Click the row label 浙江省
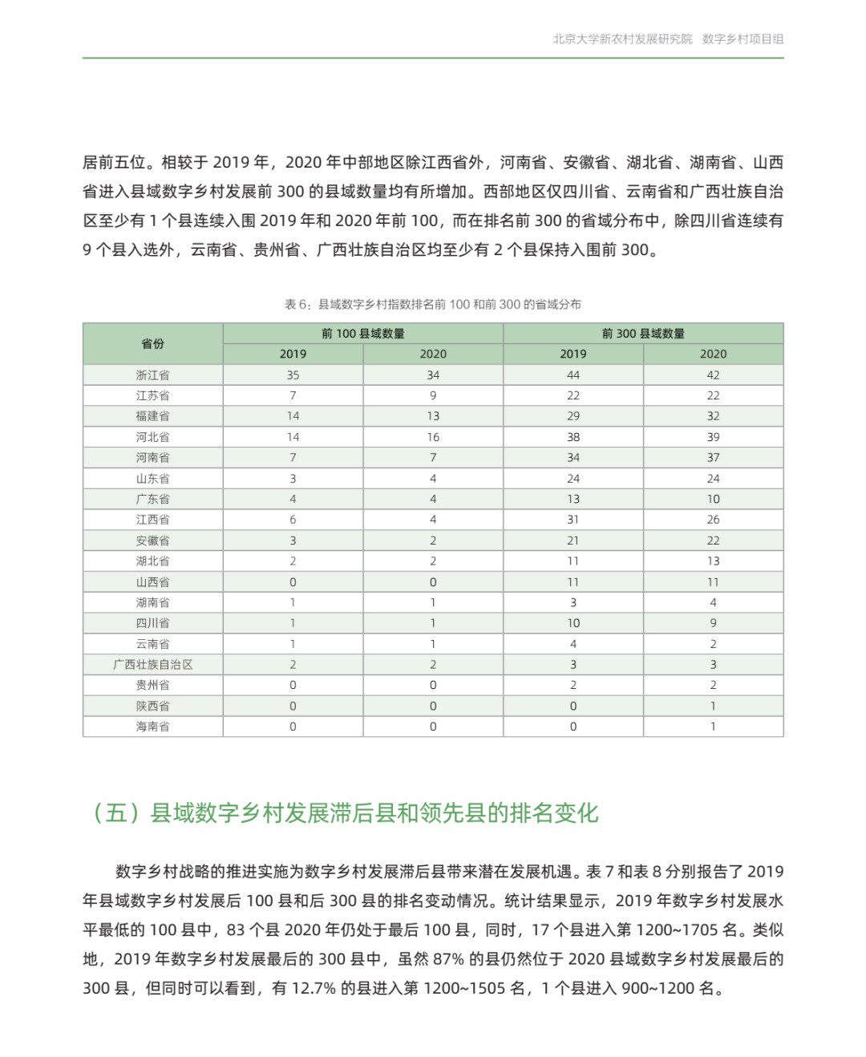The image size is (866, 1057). (152, 375)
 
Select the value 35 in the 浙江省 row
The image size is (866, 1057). (293, 375)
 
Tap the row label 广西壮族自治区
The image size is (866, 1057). (152, 664)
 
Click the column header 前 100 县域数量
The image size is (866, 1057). (362, 334)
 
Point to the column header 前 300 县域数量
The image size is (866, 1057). (643, 334)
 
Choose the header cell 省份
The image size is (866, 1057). (152, 343)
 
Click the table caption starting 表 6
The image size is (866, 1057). (432, 304)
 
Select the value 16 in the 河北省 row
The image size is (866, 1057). (433, 437)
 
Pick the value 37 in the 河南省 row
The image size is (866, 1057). (713, 457)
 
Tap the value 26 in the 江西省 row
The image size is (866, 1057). (713, 520)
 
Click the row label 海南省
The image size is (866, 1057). (152, 727)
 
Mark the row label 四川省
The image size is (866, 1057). (152, 623)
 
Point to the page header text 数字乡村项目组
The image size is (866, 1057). (743, 38)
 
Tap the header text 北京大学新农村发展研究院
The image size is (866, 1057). (622, 38)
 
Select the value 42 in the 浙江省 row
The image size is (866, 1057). (713, 375)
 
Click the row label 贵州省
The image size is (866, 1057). (152, 685)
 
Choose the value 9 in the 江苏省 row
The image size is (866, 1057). (433, 395)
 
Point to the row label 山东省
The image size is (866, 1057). (152, 478)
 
